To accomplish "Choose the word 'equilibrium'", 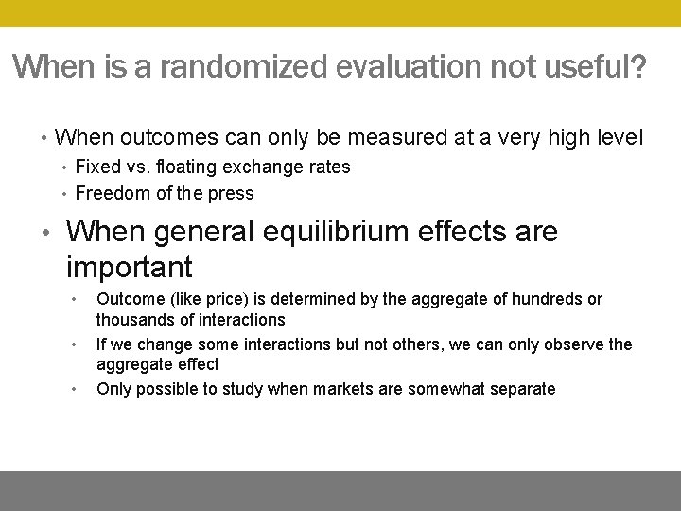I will click(x=335, y=232).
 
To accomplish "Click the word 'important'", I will click(x=130, y=267).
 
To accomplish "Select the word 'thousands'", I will click(x=133, y=320).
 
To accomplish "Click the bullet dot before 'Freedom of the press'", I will click(x=63, y=194).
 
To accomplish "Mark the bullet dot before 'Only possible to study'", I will click(x=75, y=387).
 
